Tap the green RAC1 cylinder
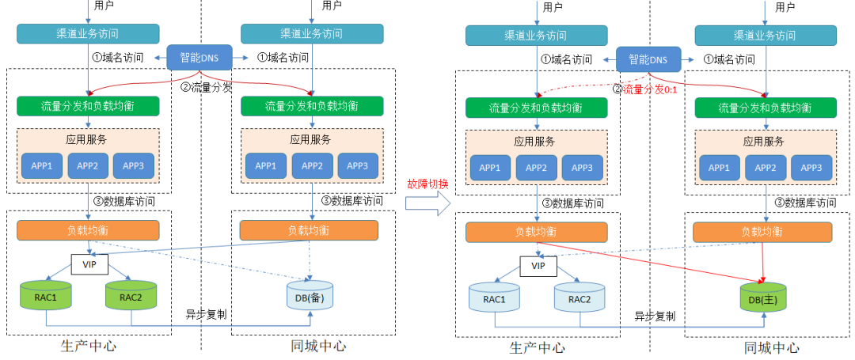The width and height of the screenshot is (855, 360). click(45, 297)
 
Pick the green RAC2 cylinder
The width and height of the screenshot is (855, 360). click(131, 297)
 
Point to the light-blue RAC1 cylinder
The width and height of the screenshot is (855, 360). click(495, 298)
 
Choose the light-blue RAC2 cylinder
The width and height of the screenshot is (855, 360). click(579, 298)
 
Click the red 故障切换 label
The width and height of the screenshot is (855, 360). click(427, 184)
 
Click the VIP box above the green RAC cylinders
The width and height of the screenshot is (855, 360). click(89, 262)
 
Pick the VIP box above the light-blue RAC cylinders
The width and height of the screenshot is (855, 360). click(538, 265)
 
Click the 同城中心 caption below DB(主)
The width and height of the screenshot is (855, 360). click(771, 347)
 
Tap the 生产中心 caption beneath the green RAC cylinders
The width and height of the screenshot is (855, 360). click(89, 346)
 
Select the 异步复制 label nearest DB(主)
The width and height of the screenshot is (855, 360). click(655, 316)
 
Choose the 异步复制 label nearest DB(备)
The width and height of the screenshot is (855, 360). click(206, 313)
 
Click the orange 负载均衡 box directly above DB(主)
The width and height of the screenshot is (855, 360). click(762, 232)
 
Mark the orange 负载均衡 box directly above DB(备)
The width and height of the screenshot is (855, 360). click(308, 229)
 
